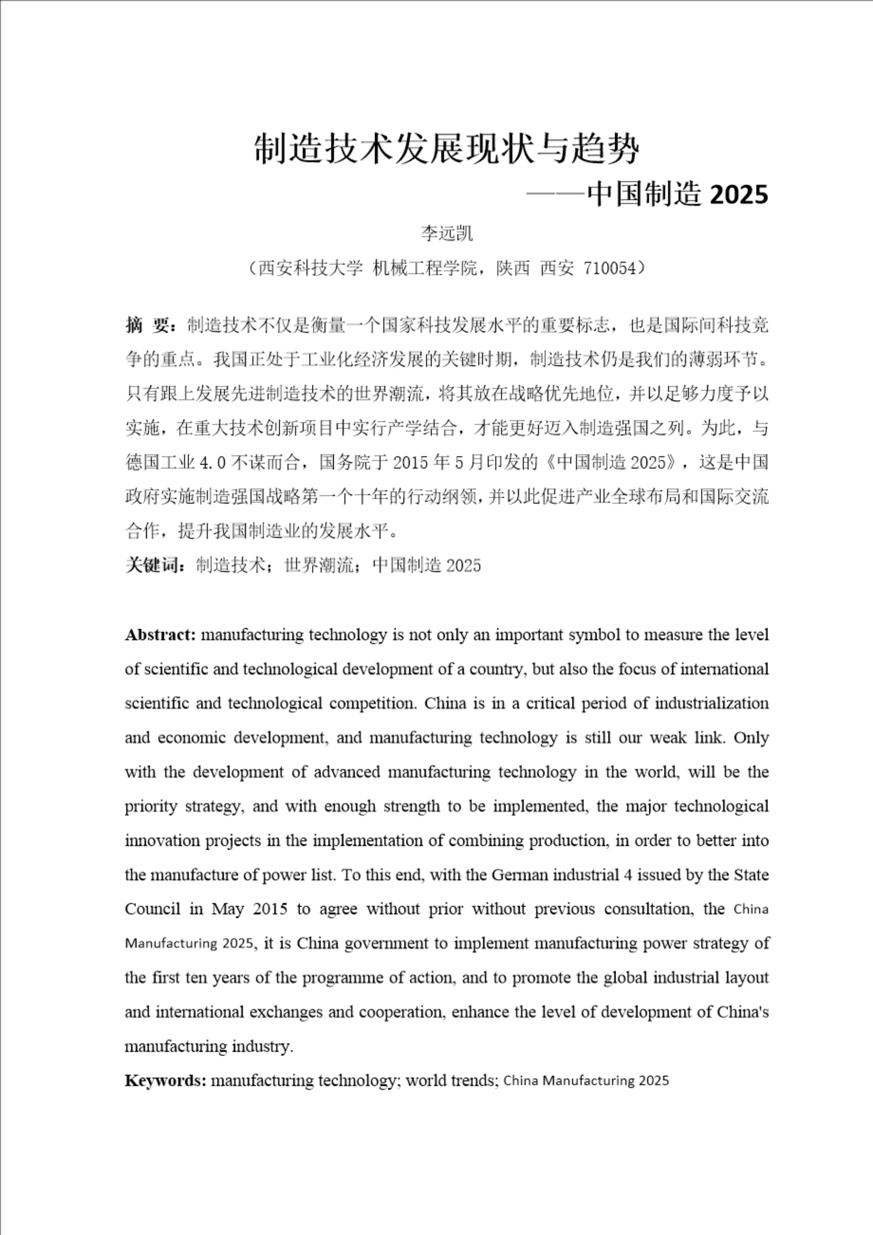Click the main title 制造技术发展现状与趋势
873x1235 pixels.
[447, 149]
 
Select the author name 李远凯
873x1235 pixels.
[447, 234]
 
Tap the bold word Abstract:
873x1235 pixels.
[160, 635]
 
